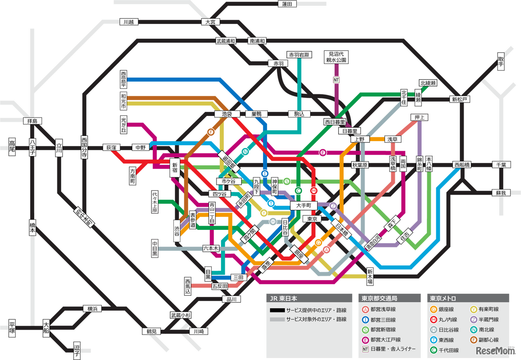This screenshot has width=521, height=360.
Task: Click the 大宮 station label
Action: pos(210,22)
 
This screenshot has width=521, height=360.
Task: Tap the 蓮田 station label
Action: pos(287,4)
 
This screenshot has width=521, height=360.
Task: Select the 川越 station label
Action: pos(129,22)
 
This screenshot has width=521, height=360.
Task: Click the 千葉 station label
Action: pos(501,165)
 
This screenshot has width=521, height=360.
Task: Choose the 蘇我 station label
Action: pos(501,193)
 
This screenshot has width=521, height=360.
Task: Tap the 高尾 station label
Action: pos(12,147)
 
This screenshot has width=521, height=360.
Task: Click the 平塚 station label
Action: pos(12,328)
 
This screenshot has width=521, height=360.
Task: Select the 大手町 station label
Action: pos(303,206)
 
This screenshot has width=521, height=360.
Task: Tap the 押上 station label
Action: pos(419,118)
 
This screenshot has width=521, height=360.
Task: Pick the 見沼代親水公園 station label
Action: pos(336,57)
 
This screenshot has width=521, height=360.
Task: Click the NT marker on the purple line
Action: pos(336,80)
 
